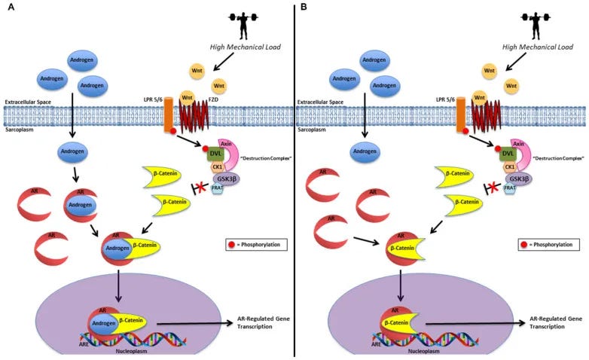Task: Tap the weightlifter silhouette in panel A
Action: point(230,23)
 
